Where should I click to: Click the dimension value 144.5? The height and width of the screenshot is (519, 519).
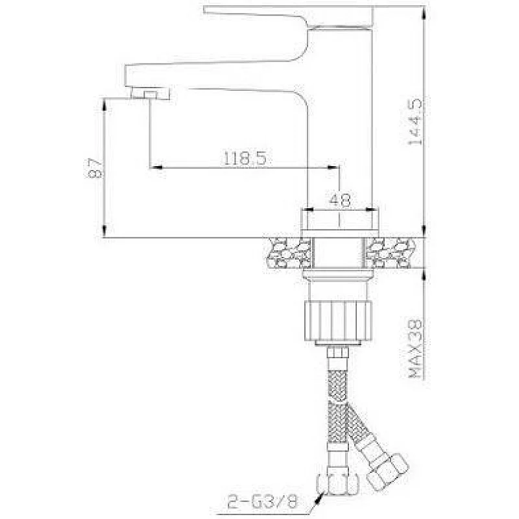point(415,121)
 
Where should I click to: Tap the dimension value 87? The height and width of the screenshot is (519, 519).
point(95,168)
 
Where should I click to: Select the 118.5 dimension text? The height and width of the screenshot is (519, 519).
point(244,158)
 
